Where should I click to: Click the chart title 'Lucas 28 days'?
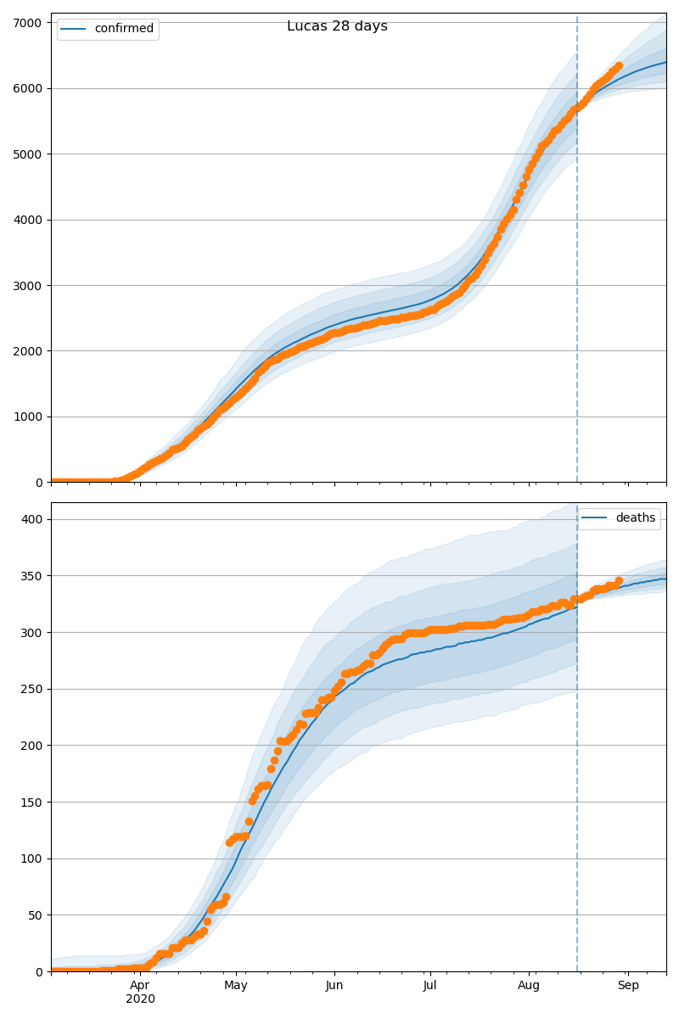click(337, 26)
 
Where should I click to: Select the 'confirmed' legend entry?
click(124, 29)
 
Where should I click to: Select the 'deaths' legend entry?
click(635, 518)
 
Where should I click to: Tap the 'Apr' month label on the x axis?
click(140, 986)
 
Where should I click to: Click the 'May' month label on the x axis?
click(236, 986)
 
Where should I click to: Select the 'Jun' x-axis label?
click(334, 986)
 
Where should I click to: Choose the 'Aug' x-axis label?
click(529, 986)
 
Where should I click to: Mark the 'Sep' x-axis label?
click(628, 986)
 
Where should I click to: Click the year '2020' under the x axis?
click(140, 999)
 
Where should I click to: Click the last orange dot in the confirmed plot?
click(619, 65)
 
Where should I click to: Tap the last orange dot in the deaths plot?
click(619, 581)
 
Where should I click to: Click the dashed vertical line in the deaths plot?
click(577, 763)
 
